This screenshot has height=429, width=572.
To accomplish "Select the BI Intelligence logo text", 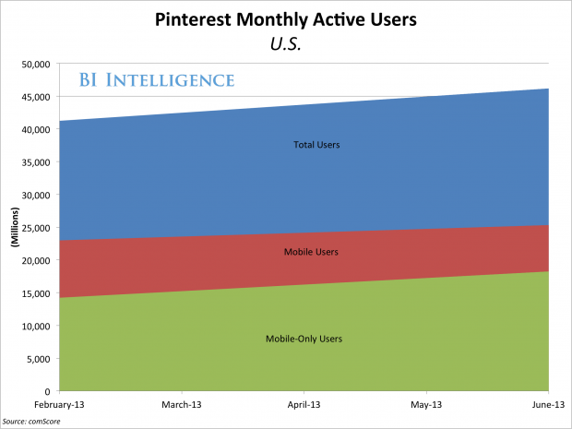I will tap(155, 80).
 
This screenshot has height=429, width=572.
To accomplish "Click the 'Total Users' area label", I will tap(310, 145).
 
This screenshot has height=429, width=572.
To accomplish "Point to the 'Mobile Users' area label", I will tap(311, 251).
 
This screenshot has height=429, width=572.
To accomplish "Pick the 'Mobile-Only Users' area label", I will tap(304, 339).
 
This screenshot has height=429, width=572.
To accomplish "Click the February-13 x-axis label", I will tap(60, 404).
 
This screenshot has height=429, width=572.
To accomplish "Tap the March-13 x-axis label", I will tap(182, 404).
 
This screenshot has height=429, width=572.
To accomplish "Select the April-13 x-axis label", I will tap(304, 404).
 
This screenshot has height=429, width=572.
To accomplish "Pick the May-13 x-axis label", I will tap(427, 404).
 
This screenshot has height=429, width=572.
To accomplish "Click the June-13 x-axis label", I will tap(547, 404).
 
